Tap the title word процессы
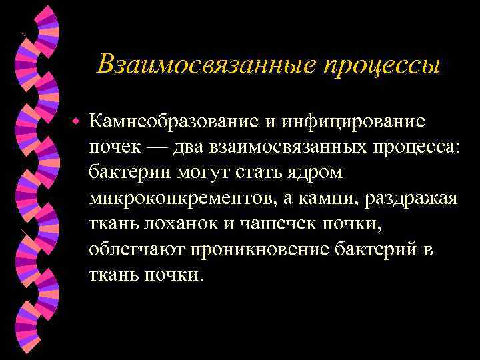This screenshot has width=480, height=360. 382,65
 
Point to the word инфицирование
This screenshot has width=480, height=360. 353,122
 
